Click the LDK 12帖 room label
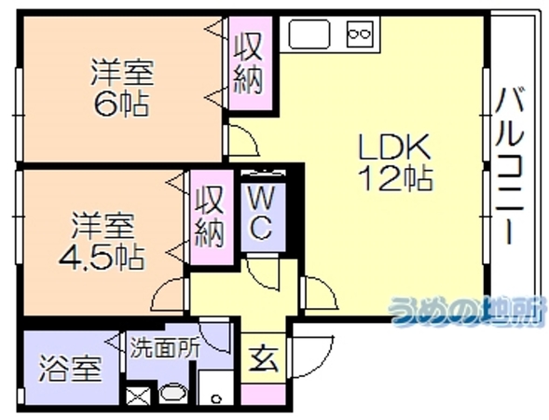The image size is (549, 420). click(x=395, y=163)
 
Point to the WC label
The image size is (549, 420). click(x=263, y=213)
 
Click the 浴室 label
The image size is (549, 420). click(x=70, y=368)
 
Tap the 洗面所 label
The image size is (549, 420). click(x=165, y=347)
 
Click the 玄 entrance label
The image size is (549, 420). click(x=264, y=359)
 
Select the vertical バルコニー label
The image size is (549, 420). click(x=511, y=165)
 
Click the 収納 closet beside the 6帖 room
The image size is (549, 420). click(x=250, y=63)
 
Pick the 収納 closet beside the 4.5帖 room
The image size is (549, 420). click(x=212, y=217)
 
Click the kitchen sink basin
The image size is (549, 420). click(x=309, y=34)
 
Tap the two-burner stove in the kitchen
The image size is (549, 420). click(x=360, y=34)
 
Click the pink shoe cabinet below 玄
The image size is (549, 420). click(x=264, y=395)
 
